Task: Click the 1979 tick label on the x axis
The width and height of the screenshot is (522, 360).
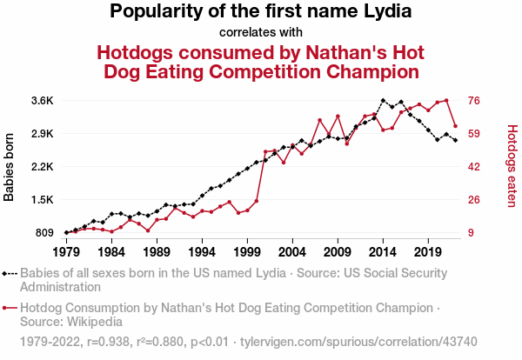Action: (66, 251)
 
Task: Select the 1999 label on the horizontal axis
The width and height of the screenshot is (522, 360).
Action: (247, 251)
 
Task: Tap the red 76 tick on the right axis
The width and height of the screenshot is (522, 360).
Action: (475, 101)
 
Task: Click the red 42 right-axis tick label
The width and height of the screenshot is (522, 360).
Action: (475, 167)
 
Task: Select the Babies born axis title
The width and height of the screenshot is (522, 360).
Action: (10, 167)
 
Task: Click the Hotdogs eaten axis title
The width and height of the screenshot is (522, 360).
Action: (512, 166)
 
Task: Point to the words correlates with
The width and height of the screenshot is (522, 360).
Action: (260, 33)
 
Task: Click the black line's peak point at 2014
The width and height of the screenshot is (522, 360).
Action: (383, 101)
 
